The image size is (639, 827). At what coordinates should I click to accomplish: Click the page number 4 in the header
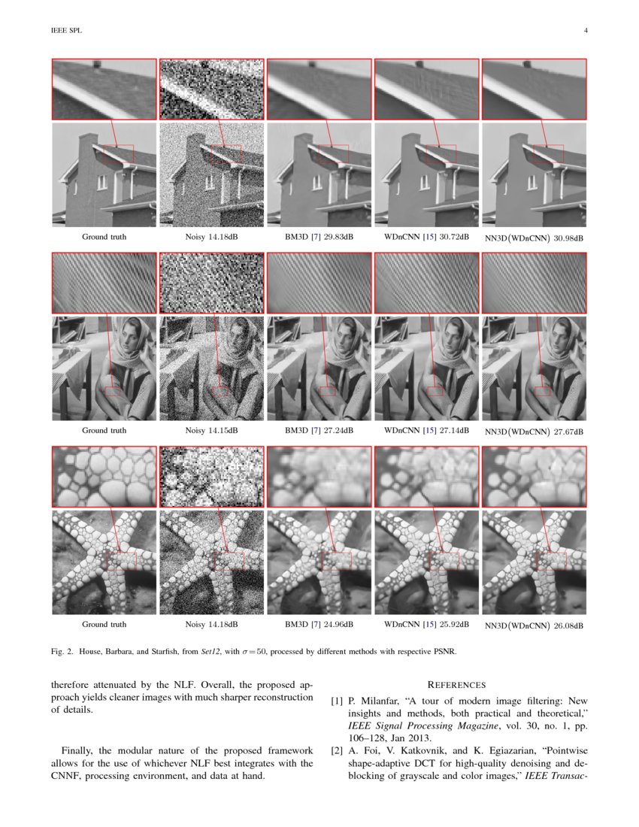(585, 31)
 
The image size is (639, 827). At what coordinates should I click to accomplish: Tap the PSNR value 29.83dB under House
(338, 237)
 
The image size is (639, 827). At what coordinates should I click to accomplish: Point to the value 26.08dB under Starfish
(568, 626)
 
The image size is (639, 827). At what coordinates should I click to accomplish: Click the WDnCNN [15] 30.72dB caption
(426, 237)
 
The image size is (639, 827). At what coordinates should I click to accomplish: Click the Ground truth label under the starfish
(104, 625)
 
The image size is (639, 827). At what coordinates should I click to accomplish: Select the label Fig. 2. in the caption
(62, 652)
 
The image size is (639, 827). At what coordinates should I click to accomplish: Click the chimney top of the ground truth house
(89, 137)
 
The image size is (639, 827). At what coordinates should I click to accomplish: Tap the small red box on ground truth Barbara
(112, 391)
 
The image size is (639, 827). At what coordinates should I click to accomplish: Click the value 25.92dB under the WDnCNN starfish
(454, 625)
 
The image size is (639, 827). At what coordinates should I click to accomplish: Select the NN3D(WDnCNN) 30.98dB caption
(534, 238)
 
